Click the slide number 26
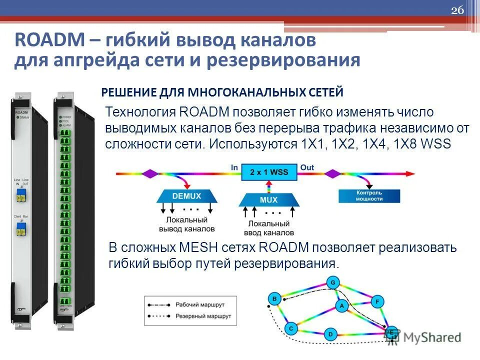[x=457, y=11]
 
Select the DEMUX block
[x=186, y=196]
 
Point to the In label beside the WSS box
[x=234, y=167]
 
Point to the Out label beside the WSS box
[x=307, y=167]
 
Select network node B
[x=274, y=299]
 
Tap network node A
[x=341, y=305]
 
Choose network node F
[x=377, y=301]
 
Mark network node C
[x=291, y=328]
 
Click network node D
[x=330, y=333]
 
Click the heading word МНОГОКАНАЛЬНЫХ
[x=235, y=92]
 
